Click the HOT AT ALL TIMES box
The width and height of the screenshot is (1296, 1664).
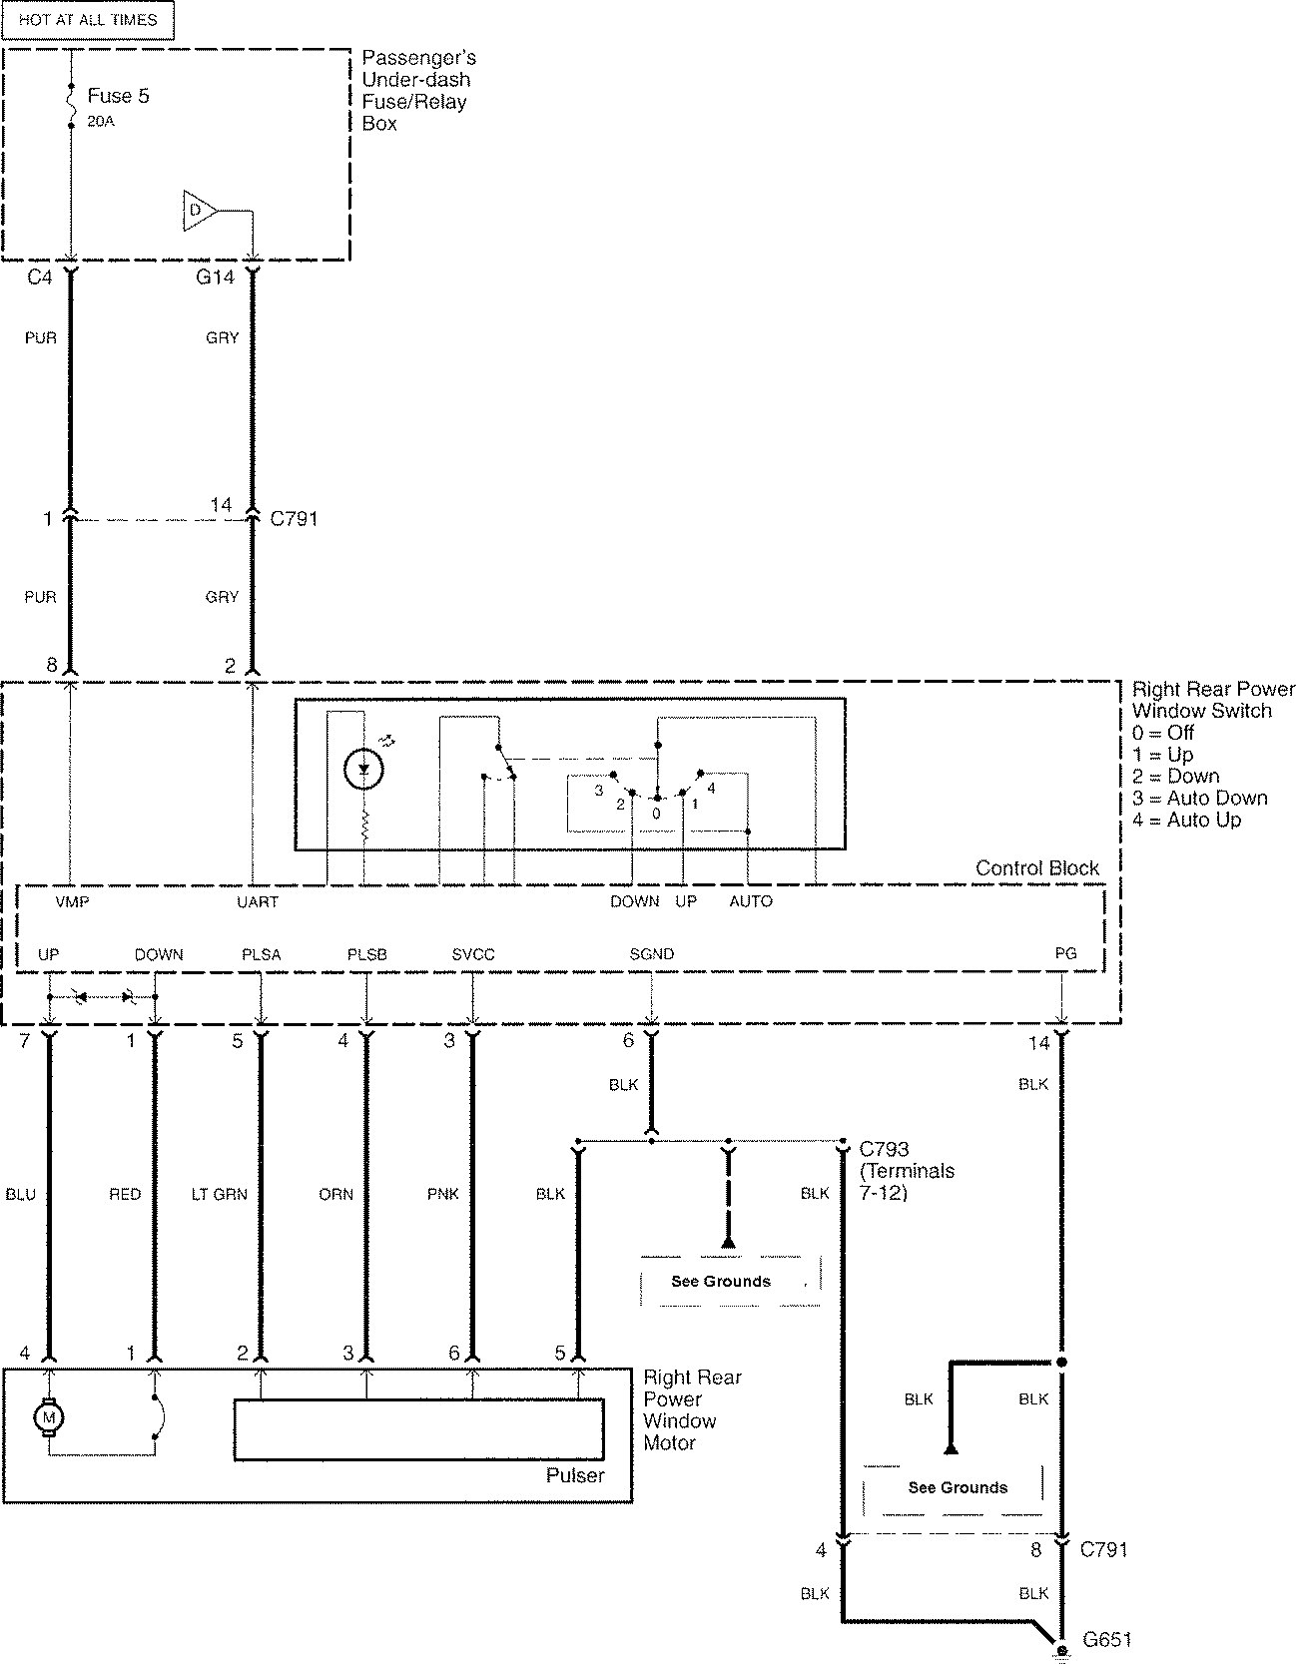click(x=88, y=20)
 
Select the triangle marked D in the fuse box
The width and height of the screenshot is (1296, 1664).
click(x=200, y=210)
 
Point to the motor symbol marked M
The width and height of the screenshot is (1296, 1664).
click(x=48, y=1416)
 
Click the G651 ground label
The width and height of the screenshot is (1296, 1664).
click(x=1107, y=1639)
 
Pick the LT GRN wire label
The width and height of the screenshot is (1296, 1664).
click(x=219, y=1194)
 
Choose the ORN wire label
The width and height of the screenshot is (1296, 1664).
click(x=336, y=1194)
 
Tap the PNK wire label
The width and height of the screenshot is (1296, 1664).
click(x=442, y=1194)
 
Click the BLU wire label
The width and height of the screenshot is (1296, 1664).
click(x=20, y=1194)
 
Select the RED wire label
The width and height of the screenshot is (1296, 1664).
click(x=125, y=1194)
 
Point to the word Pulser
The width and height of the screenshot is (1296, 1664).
click(x=575, y=1475)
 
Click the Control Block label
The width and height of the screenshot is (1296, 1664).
click(x=1037, y=868)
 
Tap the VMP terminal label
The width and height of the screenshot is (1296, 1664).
click(x=72, y=901)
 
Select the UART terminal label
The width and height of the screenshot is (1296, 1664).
click(x=258, y=901)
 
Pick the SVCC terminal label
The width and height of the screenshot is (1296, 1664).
click(x=473, y=954)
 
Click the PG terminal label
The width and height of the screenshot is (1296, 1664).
click(x=1065, y=953)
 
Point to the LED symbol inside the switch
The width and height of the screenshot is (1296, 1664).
click(x=363, y=768)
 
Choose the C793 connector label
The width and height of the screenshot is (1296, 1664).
click(x=884, y=1149)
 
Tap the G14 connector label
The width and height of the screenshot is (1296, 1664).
click(x=215, y=277)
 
